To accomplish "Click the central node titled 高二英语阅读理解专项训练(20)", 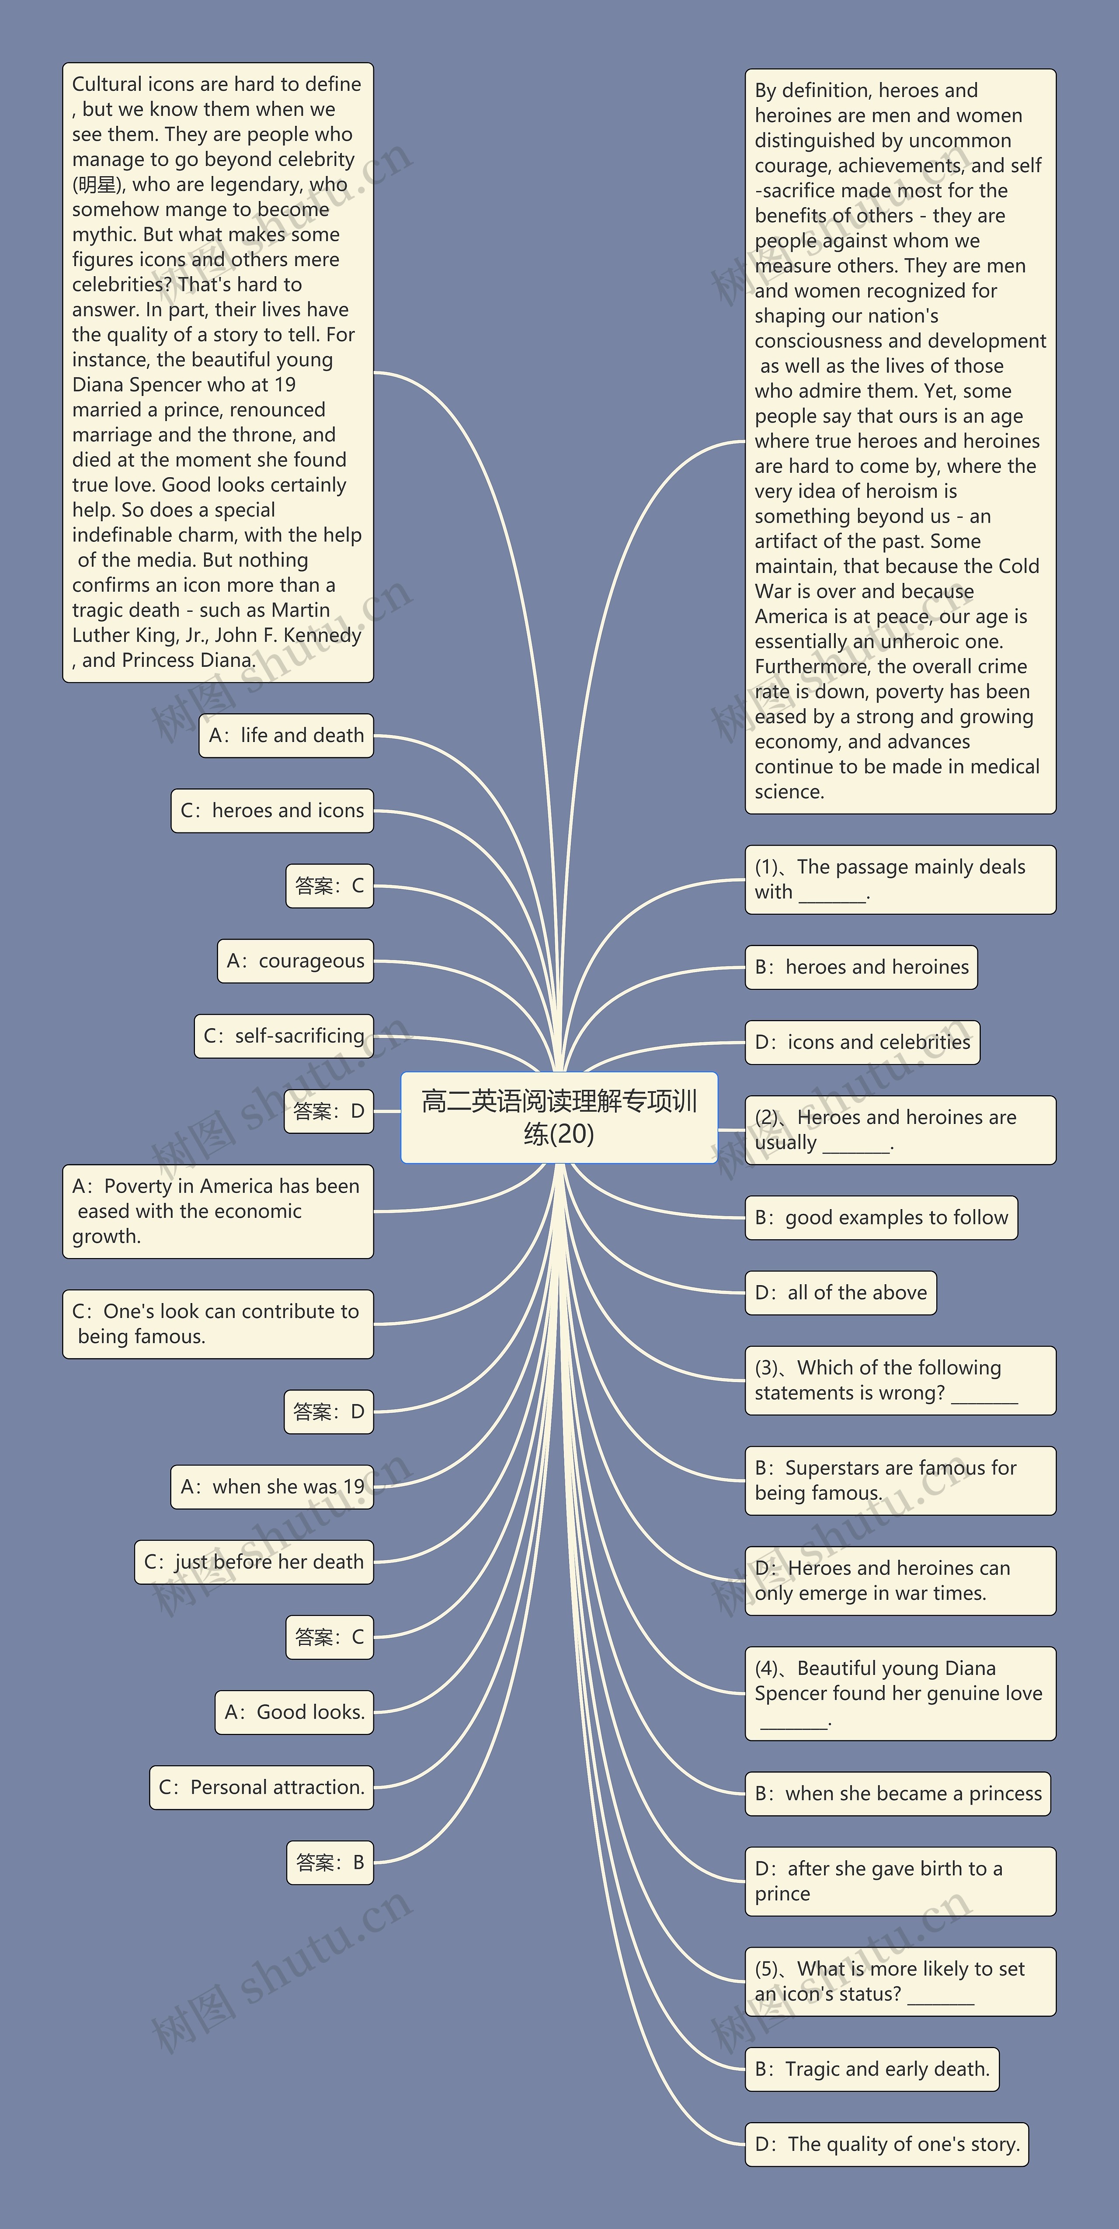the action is click(559, 1117).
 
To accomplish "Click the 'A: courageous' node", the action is click(295, 961).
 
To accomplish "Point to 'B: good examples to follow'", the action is click(881, 1218).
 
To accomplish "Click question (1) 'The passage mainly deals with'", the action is click(900, 879).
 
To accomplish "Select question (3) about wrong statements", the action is click(900, 1380).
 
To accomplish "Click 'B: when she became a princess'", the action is click(897, 1794).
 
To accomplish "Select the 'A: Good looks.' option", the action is click(294, 1712).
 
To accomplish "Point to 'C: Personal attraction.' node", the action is click(261, 1788).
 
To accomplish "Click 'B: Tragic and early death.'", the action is click(872, 2070).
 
